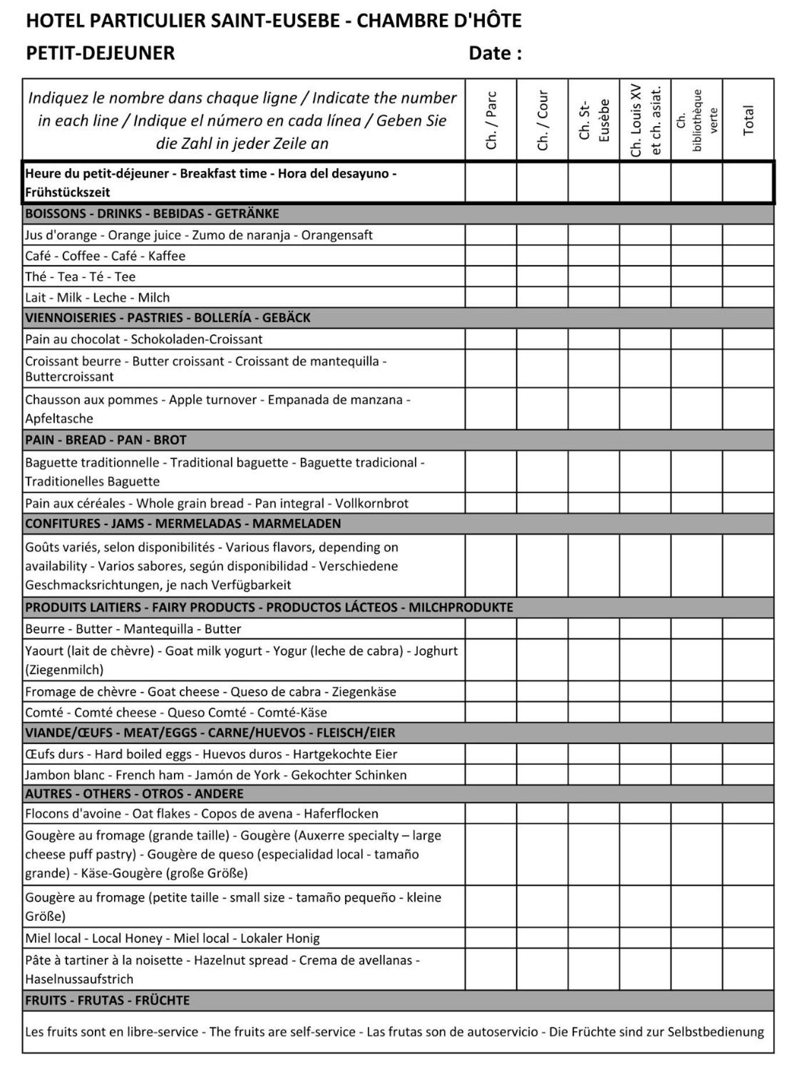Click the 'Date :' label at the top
click(x=495, y=54)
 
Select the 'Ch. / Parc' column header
click(x=491, y=120)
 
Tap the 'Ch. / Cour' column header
click(x=542, y=120)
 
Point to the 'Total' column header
click(x=748, y=120)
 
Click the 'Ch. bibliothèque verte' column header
click(x=697, y=120)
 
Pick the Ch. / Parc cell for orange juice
click(x=491, y=235)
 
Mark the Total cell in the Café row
click(x=748, y=256)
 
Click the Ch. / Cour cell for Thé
click(x=542, y=277)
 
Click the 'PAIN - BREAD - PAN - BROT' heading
click(x=106, y=440)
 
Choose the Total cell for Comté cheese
click(x=748, y=712)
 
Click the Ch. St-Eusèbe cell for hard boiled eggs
click(x=594, y=754)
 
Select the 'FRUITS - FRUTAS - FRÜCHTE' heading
click(x=107, y=1001)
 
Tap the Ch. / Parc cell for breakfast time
click(x=491, y=183)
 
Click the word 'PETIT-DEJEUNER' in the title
click(x=100, y=54)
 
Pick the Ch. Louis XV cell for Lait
click(x=645, y=298)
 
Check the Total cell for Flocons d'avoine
click(x=748, y=814)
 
